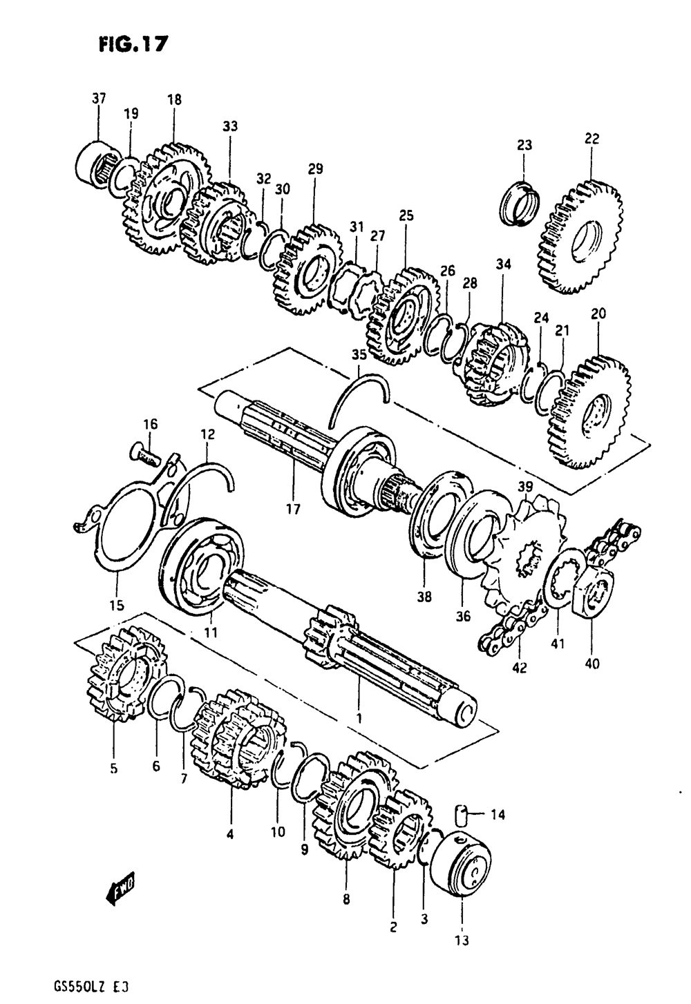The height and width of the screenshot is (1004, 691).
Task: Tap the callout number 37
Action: click(x=99, y=99)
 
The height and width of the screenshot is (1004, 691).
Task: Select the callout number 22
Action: click(x=591, y=139)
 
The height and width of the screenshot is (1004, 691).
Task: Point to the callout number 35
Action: click(x=359, y=356)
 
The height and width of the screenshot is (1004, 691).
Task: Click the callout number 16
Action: click(x=151, y=424)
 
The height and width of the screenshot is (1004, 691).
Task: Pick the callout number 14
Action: click(x=498, y=815)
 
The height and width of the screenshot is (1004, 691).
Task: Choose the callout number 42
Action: click(x=519, y=668)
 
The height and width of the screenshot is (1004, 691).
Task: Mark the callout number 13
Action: click(x=462, y=940)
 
